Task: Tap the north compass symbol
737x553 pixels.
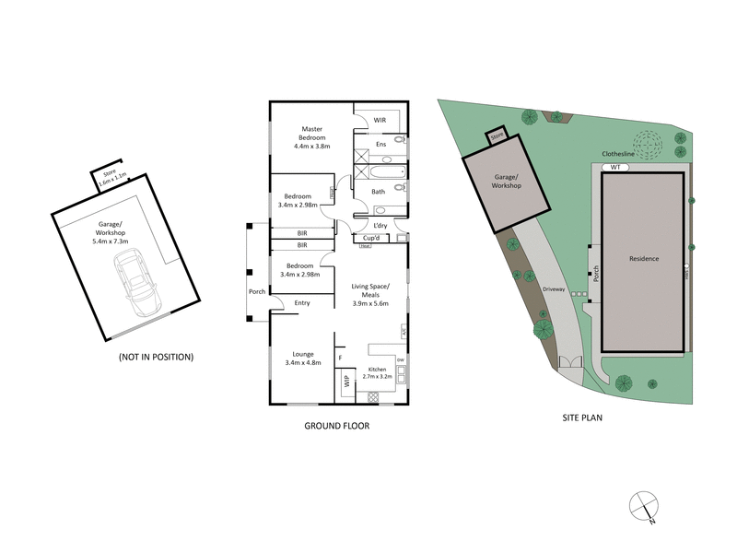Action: tap(642, 506)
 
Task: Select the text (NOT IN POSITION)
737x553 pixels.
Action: tap(156, 356)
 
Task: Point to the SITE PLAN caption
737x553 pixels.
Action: tap(582, 418)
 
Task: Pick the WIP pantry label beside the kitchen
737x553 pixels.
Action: tap(347, 380)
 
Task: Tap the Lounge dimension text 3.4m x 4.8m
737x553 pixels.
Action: tap(304, 363)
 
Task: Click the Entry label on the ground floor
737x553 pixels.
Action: tap(302, 303)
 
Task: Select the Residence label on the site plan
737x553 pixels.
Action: tap(644, 259)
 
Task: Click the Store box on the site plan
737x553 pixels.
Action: tap(497, 135)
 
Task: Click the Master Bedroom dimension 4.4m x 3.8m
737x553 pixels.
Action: tap(312, 146)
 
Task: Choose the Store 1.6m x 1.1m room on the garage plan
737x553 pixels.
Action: tap(109, 175)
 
